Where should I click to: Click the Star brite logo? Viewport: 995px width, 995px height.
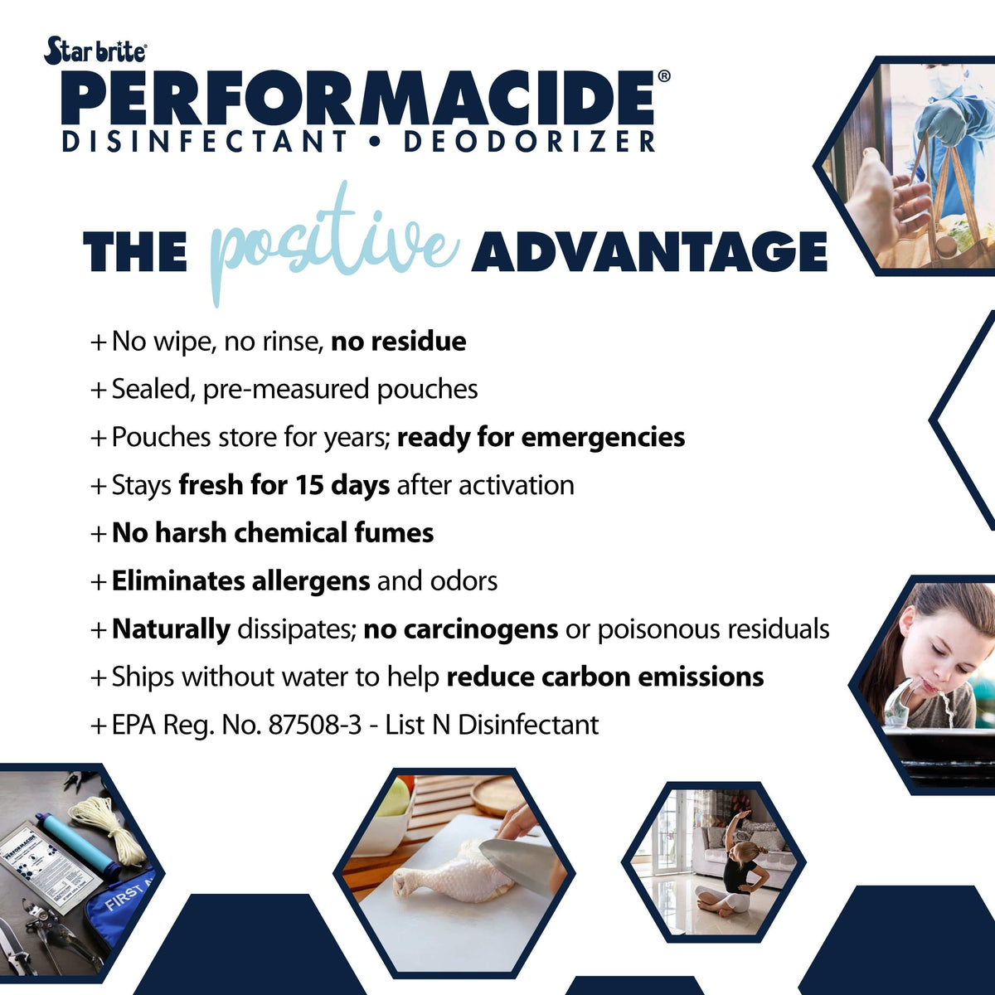tap(95, 51)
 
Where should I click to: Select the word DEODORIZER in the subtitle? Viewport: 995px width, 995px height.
tap(529, 142)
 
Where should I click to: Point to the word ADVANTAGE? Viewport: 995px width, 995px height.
tap(649, 251)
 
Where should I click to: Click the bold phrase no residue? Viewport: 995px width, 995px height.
tap(399, 342)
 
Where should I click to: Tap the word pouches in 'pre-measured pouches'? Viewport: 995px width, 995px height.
tap(427, 390)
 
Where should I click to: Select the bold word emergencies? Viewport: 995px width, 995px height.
tap(603, 438)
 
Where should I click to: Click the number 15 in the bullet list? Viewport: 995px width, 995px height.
tap(309, 485)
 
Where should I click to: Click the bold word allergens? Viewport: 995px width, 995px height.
tap(311, 582)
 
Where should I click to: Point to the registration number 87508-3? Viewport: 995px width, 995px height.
tap(315, 725)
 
